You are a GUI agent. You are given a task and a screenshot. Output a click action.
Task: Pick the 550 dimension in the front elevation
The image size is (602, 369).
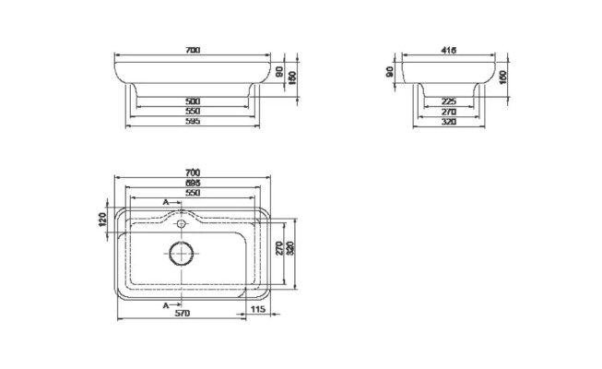click(193, 111)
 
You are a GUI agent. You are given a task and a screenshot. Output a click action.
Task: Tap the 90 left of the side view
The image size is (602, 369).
click(390, 70)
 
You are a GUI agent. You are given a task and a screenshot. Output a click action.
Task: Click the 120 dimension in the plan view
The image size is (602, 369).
click(102, 220)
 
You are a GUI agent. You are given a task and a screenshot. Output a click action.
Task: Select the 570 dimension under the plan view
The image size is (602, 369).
click(183, 313)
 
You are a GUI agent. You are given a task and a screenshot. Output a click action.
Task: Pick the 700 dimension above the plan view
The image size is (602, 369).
click(193, 172)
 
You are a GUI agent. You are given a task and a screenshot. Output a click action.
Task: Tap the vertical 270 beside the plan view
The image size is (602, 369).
click(280, 248)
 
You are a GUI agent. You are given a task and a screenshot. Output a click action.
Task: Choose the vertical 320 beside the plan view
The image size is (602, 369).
click(290, 248)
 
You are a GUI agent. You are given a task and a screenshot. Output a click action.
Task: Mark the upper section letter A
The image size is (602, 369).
click(165, 201)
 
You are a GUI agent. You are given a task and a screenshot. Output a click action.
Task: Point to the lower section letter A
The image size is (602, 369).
click(165, 304)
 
